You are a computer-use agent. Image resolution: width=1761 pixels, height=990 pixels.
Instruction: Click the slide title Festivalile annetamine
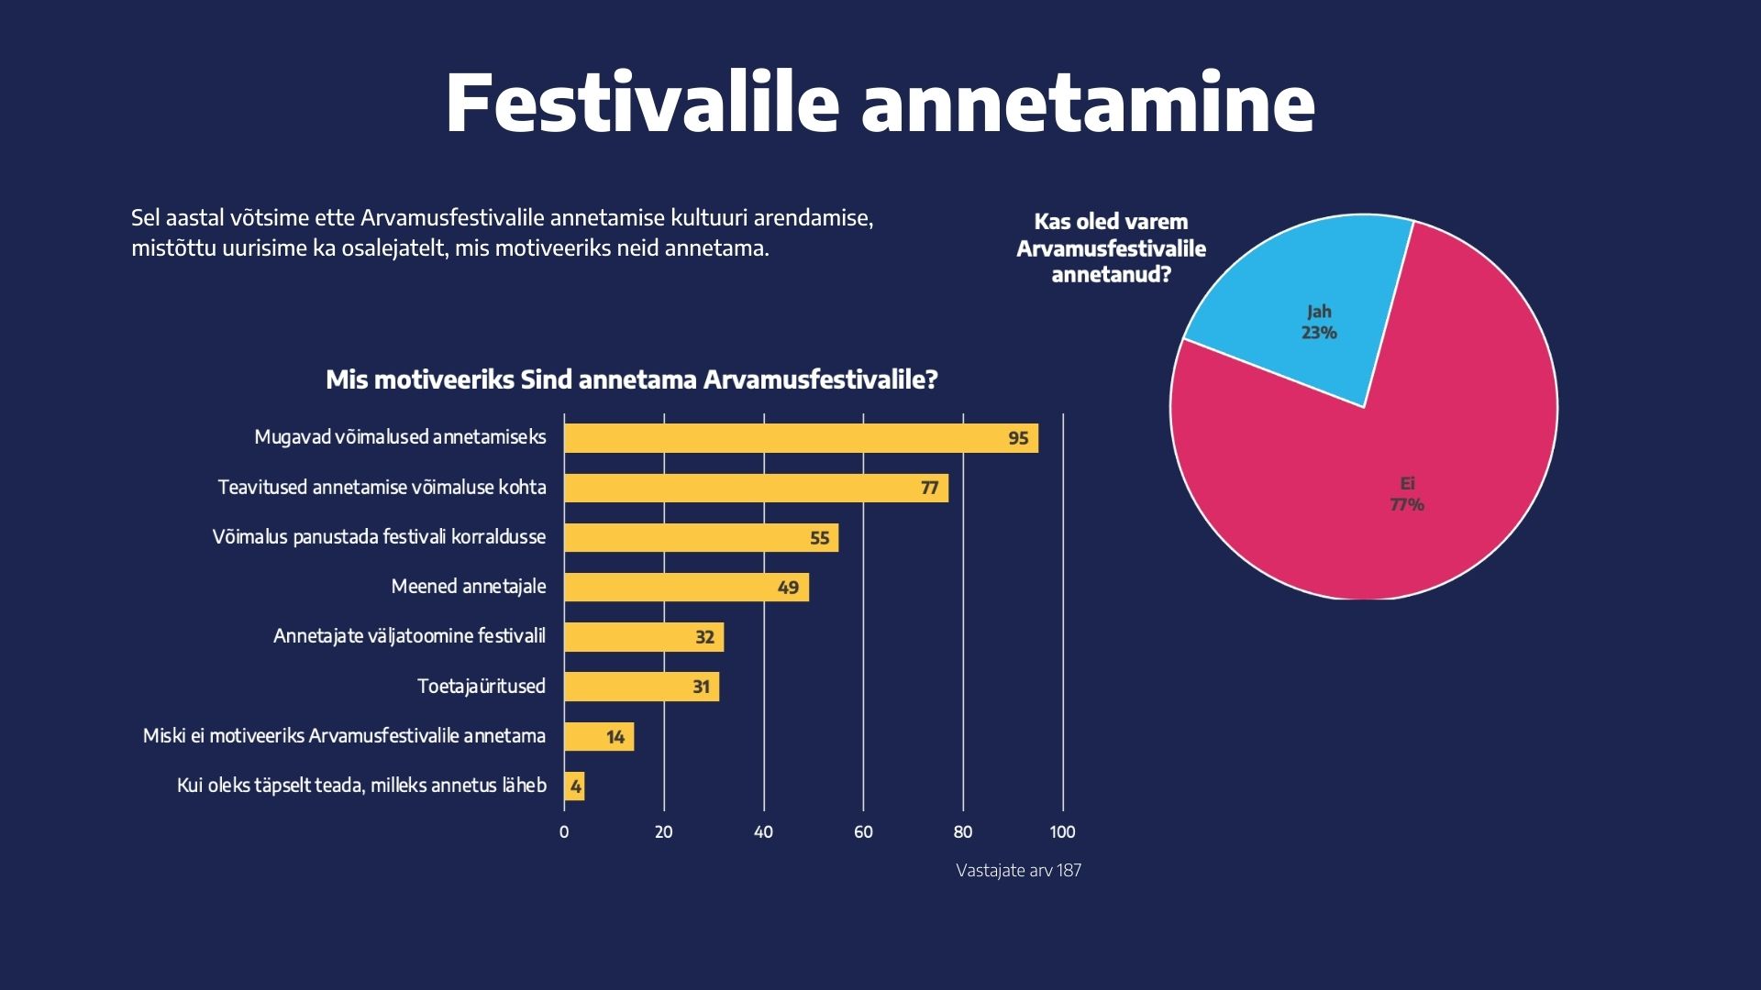click(x=880, y=103)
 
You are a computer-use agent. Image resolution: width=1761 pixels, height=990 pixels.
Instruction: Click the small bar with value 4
click(x=574, y=786)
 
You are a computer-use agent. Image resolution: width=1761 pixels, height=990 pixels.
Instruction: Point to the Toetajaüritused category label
click(x=481, y=687)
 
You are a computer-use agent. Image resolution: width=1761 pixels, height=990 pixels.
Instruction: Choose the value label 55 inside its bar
click(x=819, y=538)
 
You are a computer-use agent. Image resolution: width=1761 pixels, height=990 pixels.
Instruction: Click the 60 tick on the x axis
click(x=863, y=832)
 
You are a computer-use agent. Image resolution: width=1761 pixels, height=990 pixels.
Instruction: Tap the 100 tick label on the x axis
click(x=1062, y=832)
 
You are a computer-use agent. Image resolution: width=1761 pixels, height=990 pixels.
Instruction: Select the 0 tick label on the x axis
click(x=564, y=832)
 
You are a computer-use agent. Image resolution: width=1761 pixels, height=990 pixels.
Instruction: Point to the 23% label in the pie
click(x=1319, y=333)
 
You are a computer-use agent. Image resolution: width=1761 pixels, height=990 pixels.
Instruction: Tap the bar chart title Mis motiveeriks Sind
click(x=632, y=379)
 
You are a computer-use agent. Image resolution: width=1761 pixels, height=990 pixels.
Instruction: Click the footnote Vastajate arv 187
click(x=1018, y=871)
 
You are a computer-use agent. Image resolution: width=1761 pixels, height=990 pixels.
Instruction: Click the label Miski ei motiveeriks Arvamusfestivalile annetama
click(x=344, y=736)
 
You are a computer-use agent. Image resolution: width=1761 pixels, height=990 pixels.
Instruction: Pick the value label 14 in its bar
click(x=615, y=737)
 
